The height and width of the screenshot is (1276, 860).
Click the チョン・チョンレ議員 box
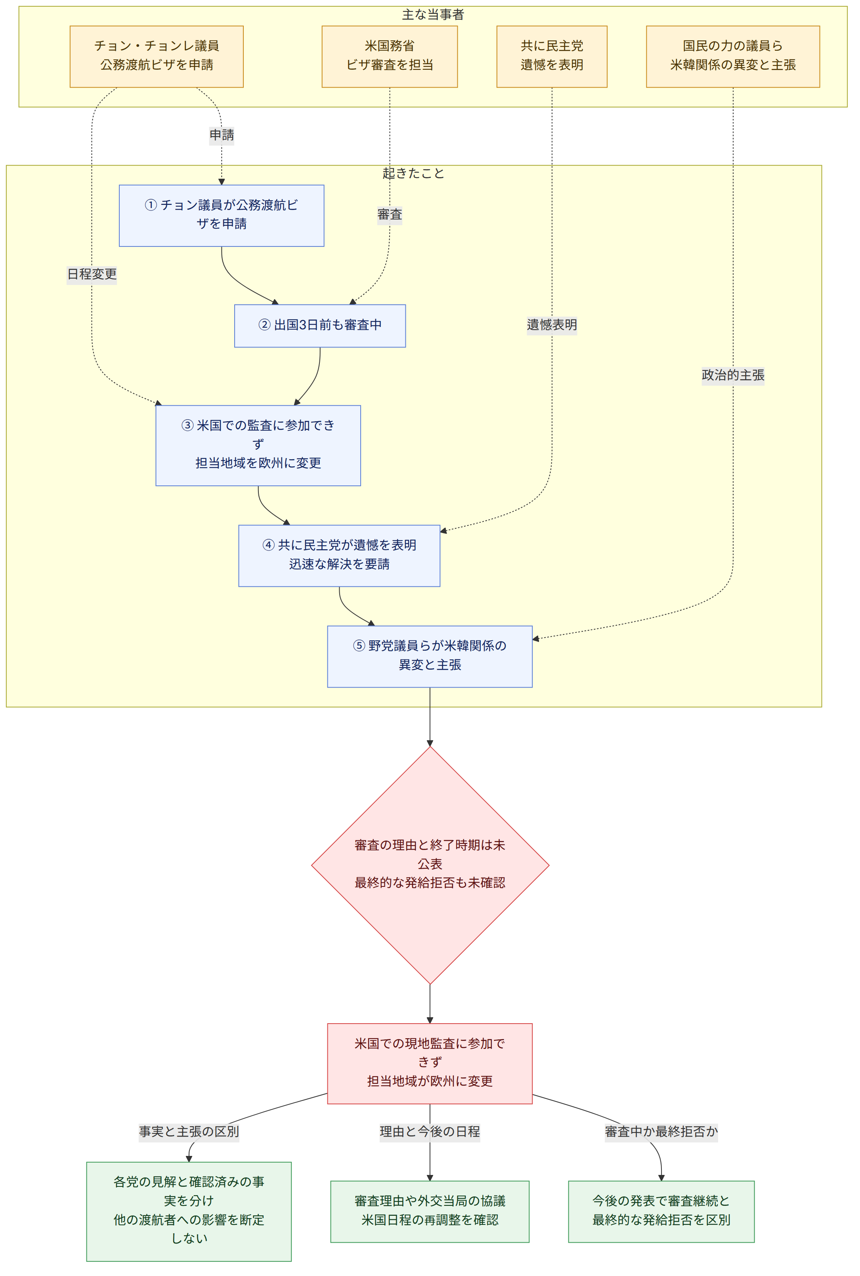pyautogui.click(x=156, y=57)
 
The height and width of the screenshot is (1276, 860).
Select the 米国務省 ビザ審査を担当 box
pyautogui.click(x=390, y=57)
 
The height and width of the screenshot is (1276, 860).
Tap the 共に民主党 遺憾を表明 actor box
pyautogui.click(x=552, y=57)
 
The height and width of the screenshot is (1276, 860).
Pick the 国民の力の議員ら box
pyautogui.click(x=733, y=57)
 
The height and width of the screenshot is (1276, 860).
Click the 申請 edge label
pyautogui.click(x=222, y=135)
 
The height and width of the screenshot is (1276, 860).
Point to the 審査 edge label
pyautogui.click(x=390, y=214)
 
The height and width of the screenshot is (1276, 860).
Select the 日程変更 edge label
pyautogui.click(x=92, y=274)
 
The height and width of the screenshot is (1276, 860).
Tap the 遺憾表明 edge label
pyautogui.click(x=552, y=325)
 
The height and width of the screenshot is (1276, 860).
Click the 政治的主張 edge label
pyautogui.click(x=733, y=375)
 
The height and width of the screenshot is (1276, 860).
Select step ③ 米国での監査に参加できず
pyautogui.click(x=258, y=445)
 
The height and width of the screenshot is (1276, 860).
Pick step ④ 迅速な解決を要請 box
pyautogui.click(x=339, y=556)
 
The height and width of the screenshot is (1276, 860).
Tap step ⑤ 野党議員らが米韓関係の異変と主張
pyautogui.click(x=430, y=656)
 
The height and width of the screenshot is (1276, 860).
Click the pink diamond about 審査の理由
pyautogui.click(x=430, y=865)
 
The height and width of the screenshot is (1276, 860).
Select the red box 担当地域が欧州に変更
pyautogui.click(x=430, y=1063)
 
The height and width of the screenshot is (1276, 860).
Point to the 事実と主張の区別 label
pyautogui.click(x=189, y=1131)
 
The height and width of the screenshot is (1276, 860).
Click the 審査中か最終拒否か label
pyautogui.click(x=661, y=1131)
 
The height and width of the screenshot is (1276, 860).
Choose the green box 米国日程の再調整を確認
pyautogui.click(x=430, y=1211)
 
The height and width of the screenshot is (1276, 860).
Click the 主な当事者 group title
pyautogui.click(x=433, y=15)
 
